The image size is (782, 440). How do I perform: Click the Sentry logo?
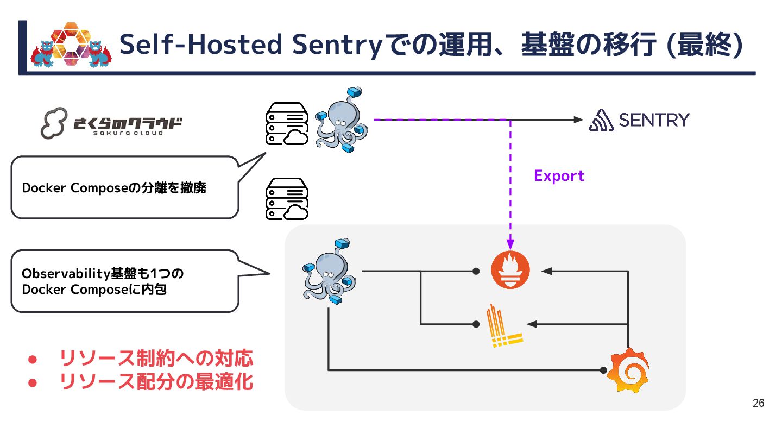pyautogui.click(x=639, y=120)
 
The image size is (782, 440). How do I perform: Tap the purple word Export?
pyautogui.click(x=559, y=176)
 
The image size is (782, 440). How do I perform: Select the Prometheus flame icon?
pyautogui.click(x=509, y=271)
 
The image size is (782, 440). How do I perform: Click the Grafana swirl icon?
pyautogui.click(x=628, y=370)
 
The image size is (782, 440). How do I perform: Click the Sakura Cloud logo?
pyautogui.click(x=111, y=123)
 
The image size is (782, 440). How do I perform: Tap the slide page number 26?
pyautogui.click(x=759, y=403)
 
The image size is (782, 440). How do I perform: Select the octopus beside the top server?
pyautogui.click(x=342, y=121)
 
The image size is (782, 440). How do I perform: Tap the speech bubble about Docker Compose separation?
pyautogui.click(x=125, y=188)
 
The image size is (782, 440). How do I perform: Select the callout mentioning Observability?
pyautogui.click(x=125, y=281)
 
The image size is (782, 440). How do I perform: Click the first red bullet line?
pyautogui.click(x=155, y=359)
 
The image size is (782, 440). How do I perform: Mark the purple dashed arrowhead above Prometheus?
pyautogui.click(x=510, y=242)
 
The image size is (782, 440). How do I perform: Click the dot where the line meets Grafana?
pyautogui.click(x=603, y=370)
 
